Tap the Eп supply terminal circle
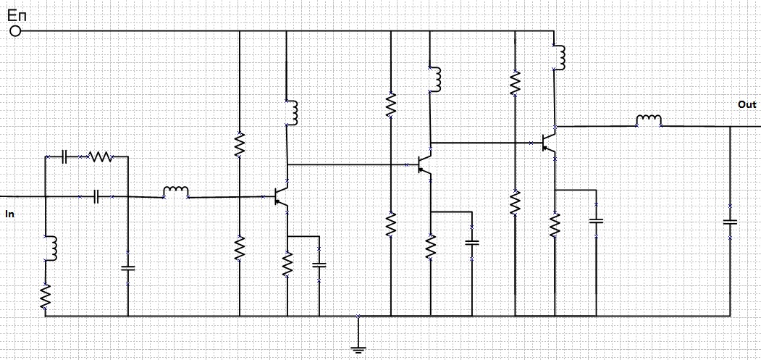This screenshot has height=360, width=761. click(x=15, y=31)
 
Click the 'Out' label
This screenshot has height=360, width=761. click(x=747, y=105)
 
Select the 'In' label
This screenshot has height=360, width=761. click(x=9, y=214)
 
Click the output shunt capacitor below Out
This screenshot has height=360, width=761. click(x=730, y=221)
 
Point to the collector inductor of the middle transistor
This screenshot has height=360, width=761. click(x=435, y=80)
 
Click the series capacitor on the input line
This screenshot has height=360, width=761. click(x=97, y=196)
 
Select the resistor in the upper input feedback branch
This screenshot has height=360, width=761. click(x=100, y=156)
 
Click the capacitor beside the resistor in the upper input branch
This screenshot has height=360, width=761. click(x=64, y=156)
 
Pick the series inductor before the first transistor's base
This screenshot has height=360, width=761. click(x=176, y=193)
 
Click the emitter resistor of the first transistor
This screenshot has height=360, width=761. click(x=287, y=262)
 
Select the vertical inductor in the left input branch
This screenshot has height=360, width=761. click(x=51, y=248)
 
